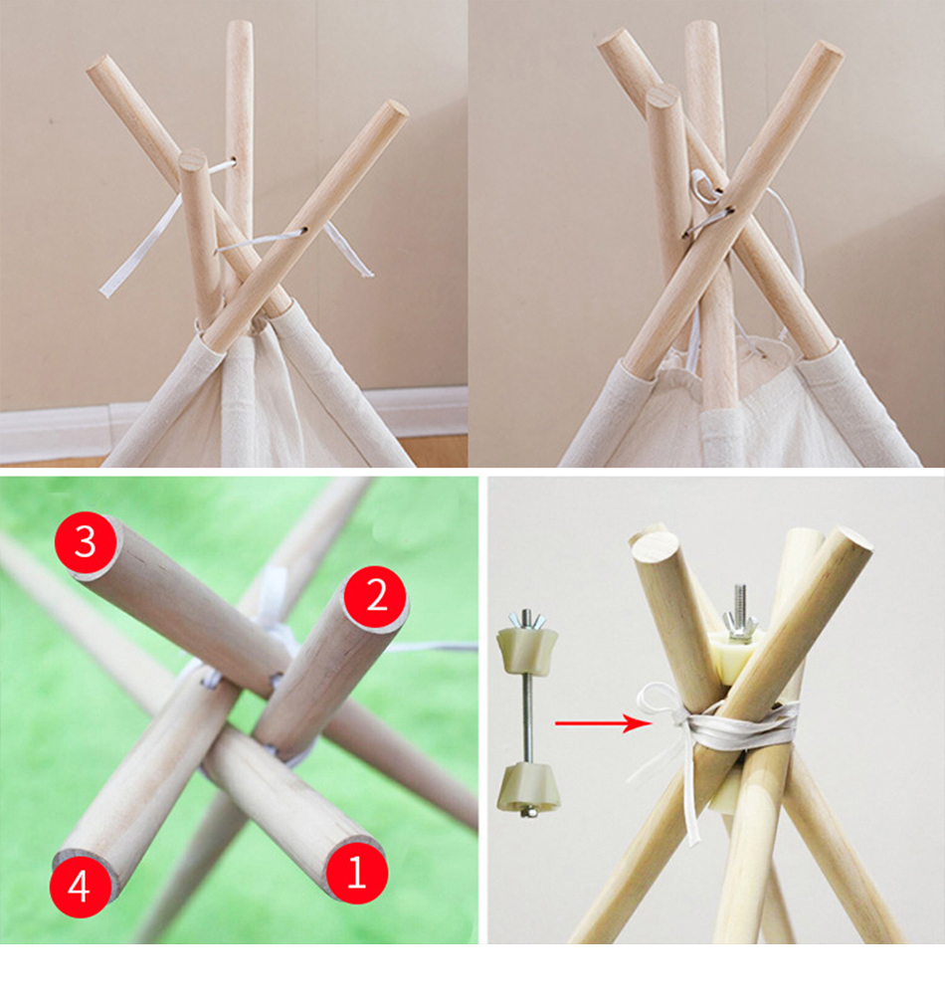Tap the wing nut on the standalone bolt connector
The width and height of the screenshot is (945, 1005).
pyautogui.click(x=527, y=620)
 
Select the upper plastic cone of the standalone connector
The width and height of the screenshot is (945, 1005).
pyautogui.click(x=527, y=652)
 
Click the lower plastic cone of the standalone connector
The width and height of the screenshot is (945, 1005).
pyautogui.click(x=528, y=785)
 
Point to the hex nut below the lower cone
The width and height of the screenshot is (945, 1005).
pyautogui.click(x=528, y=813)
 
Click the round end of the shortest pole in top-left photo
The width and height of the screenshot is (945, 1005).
pyautogui.click(x=193, y=159)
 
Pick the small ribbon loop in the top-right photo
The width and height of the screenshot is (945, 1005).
pyautogui.click(x=701, y=182)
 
